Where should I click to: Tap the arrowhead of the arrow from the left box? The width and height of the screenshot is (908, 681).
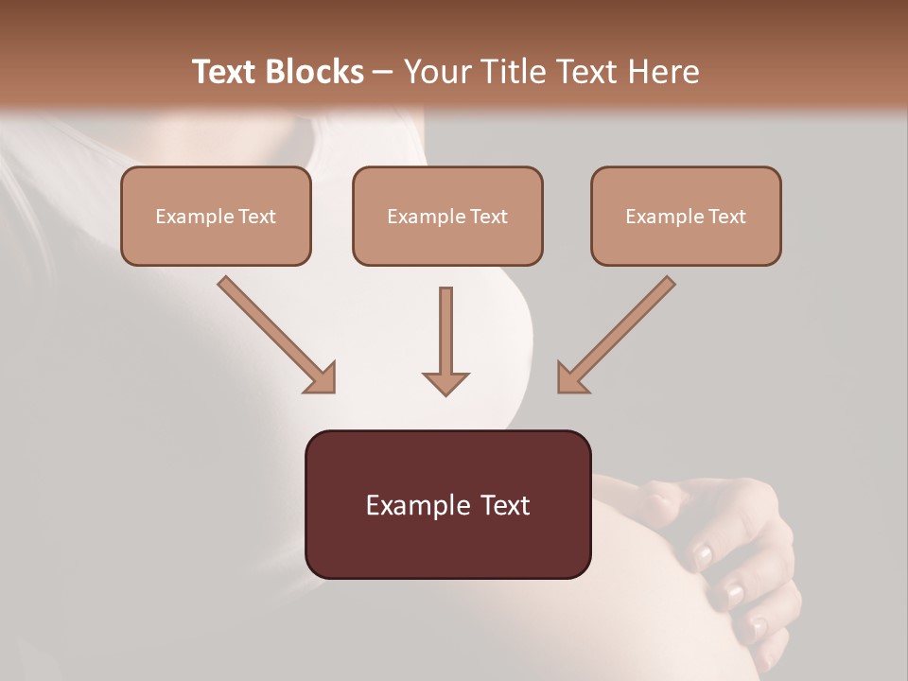[320, 377]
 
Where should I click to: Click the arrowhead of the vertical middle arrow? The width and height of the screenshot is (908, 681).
[445, 383]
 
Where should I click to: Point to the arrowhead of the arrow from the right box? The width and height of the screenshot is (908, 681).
[573, 377]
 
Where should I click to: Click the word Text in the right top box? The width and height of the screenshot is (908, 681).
[726, 217]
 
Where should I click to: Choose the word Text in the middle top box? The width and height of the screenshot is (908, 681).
[488, 217]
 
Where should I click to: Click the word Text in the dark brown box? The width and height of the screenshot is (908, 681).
[507, 505]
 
